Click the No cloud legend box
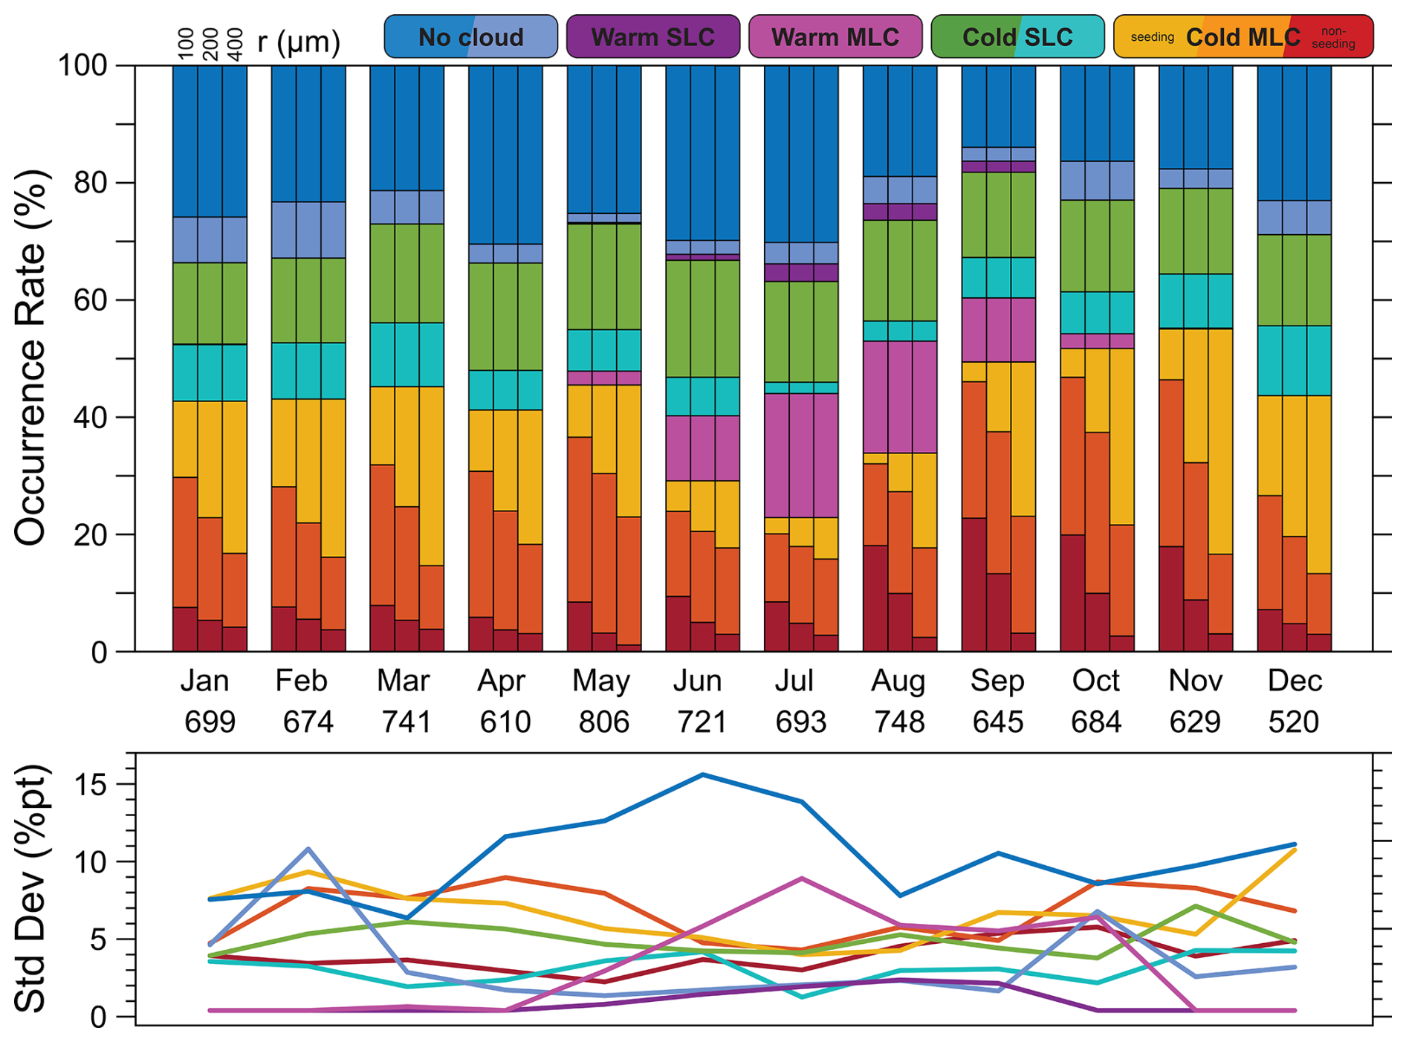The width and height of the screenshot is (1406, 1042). (x=470, y=36)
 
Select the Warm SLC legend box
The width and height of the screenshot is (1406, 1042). (x=652, y=36)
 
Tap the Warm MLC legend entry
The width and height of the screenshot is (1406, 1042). (x=835, y=36)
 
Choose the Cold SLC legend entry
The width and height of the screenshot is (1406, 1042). (x=1017, y=36)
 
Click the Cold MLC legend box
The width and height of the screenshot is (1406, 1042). (x=1243, y=36)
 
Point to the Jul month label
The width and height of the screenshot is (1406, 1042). (x=794, y=680)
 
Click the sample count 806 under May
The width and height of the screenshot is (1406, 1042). (x=603, y=722)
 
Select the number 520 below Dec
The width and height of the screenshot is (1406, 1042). (x=1293, y=722)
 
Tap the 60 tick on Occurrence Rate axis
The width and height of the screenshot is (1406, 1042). (x=90, y=300)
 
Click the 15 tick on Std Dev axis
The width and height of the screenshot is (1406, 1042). (x=94, y=785)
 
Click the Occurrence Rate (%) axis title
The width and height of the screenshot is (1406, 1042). (x=31, y=358)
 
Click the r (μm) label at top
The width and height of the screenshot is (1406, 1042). (x=299, y=42)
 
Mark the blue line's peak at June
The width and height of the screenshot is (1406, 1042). (x=702, y=774)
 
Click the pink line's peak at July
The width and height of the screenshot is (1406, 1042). (x=801, y=878)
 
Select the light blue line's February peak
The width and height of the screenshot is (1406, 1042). (x=308, y=849)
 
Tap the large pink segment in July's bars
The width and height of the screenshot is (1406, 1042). (x=801, y=455)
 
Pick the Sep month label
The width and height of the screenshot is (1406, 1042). (x=997, y=680)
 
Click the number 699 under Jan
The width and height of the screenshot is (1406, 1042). (x=210, y=722)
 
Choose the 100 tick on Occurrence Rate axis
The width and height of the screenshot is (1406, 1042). (x=82, y=65)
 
